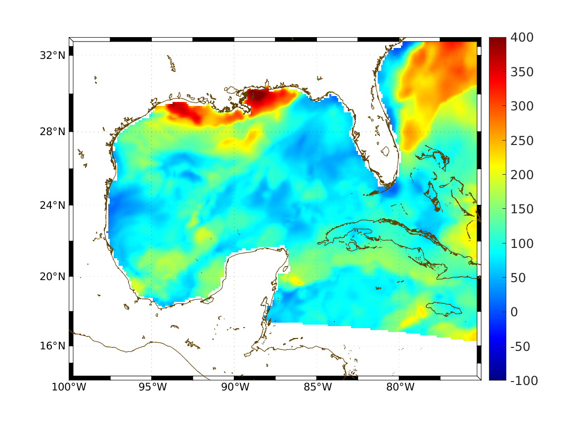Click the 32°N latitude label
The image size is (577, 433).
coord(52,55)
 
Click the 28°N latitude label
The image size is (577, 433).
coord(52,132)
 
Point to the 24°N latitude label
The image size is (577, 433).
coord(52,205)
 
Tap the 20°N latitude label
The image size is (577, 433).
coord(52,277)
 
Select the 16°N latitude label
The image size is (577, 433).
coord(52,346)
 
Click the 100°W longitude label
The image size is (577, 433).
coord(69,387)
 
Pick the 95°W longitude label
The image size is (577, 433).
coord(152,387)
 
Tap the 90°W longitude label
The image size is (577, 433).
coord(234,387)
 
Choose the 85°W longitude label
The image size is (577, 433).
coord(317,387)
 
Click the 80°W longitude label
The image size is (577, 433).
coord(399,387)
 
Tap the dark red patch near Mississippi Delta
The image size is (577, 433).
coord(262,97)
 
